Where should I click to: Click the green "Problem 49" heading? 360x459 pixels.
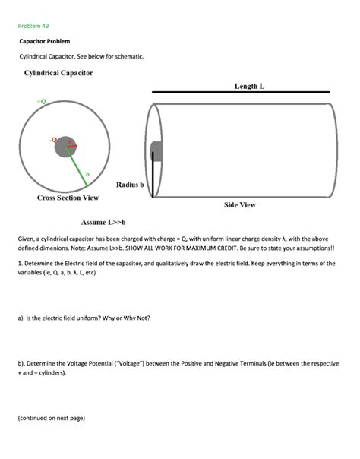point(33,26)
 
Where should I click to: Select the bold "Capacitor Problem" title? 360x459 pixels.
point(45,42)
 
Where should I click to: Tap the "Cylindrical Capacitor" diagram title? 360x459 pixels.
point(58,73)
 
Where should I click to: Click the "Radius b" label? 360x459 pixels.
point(130,185)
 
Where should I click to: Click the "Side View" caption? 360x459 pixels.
point(239,205)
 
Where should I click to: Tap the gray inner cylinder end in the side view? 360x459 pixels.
point(156,150)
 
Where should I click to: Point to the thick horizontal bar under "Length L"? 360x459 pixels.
point(241,93)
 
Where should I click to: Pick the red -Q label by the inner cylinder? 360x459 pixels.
point(52,139)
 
